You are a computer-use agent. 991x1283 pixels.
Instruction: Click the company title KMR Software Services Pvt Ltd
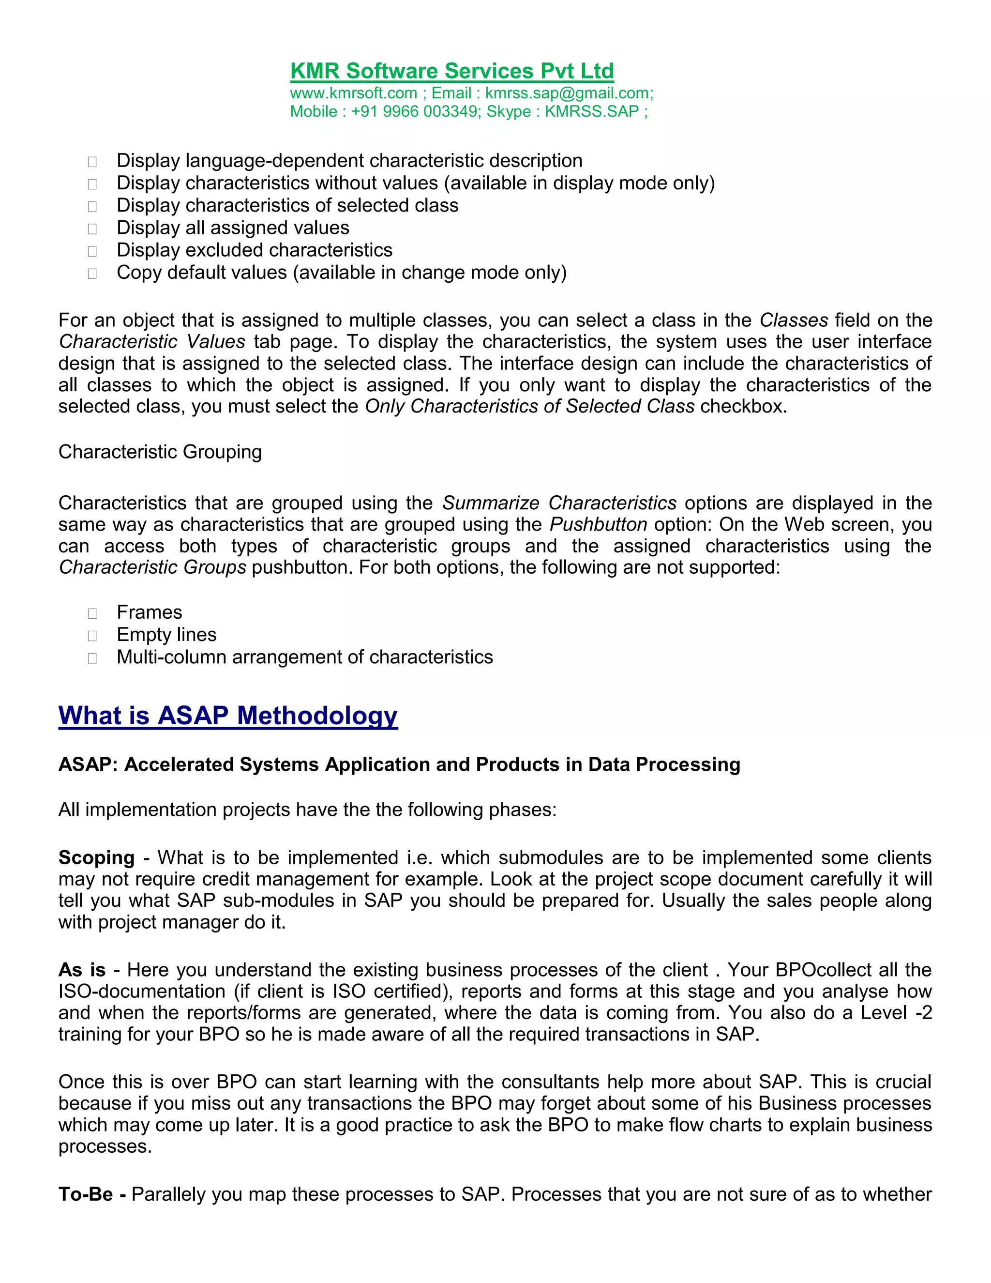451,71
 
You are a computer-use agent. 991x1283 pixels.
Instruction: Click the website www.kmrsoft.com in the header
353,93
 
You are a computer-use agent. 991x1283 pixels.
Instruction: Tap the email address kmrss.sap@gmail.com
568,93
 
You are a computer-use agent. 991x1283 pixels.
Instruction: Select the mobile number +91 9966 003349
415,112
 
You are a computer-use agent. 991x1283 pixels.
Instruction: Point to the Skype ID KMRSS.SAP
591,112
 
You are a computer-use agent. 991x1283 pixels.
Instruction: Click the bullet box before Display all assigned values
92,229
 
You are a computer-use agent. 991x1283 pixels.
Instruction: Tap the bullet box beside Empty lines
92,636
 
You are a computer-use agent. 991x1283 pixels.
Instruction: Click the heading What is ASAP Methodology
228,716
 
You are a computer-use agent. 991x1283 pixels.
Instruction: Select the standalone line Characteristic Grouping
160,452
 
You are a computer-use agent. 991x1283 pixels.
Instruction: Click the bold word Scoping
96,858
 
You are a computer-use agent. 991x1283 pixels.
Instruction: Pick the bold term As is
82,970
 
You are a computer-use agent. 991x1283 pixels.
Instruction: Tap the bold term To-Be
86,1194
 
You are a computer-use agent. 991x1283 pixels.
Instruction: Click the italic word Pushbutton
598,524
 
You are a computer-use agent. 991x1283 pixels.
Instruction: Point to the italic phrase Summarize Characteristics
559,503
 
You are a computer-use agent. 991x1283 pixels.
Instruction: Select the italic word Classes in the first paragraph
793,320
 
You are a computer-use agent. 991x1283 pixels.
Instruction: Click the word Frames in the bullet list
149,612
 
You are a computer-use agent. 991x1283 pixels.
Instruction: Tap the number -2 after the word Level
923,1013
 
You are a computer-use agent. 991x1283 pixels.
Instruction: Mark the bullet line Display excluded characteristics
254,250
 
